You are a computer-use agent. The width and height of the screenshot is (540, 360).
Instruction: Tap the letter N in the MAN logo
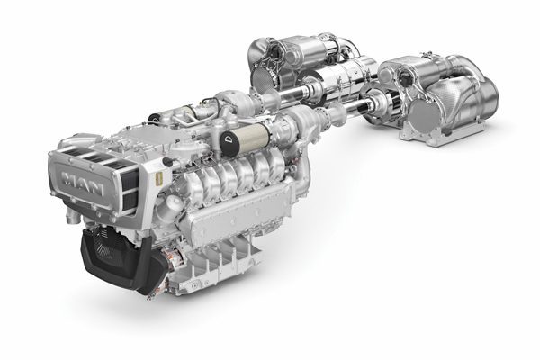coord(96,188)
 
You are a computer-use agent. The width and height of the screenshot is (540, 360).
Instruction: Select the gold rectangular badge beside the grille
coord(159,180)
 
